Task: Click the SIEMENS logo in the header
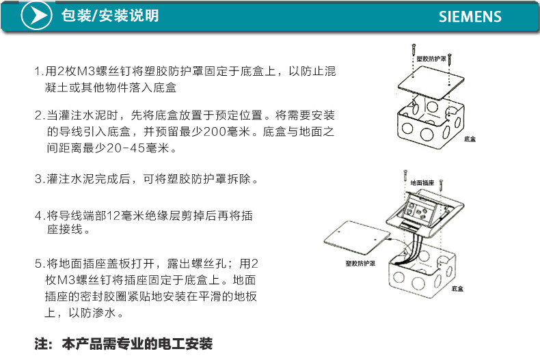click(470, 16)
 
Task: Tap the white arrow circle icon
click(36, 16)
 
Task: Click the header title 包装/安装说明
click(110, 16)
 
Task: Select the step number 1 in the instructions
click(38, 71)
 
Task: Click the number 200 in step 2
click(215, 131)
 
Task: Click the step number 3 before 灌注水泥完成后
click(38, 179)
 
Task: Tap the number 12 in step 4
click(113, 216)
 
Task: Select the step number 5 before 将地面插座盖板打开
click(38, 264)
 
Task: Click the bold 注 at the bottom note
click(40, 344)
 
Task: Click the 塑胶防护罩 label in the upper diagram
click(431, 59)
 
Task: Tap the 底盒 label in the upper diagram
click(470, 139)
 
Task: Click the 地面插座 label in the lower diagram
click(422, 183)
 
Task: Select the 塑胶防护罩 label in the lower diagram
click(360, 264)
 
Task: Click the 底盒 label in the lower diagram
click(457, 289)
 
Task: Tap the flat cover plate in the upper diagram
click(431, 82)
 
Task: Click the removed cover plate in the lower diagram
click(357, 237)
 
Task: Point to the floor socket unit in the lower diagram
click(425, 213)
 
